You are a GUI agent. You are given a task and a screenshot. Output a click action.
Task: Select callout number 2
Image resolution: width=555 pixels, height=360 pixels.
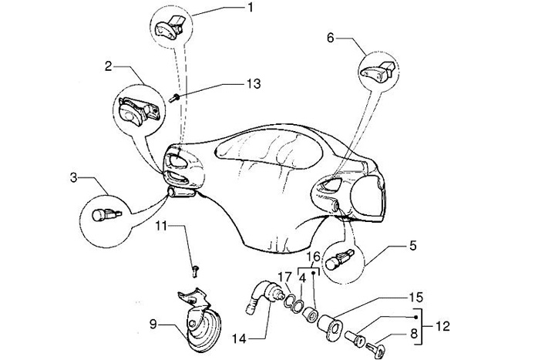pos(110,66)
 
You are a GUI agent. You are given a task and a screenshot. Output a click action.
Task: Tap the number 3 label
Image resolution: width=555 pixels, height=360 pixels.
pos(73,178)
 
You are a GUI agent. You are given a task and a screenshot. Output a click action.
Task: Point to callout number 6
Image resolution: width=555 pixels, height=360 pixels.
pos(330,36)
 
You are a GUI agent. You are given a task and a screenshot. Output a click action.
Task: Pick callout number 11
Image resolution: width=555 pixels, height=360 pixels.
pos(162,225)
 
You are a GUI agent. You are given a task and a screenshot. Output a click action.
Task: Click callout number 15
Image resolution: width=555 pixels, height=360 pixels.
pos(415,297)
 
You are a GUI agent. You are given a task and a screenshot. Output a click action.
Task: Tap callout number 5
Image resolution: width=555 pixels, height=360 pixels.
pos(412,247)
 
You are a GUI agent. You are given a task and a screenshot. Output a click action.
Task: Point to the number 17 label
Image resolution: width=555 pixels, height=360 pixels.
pos(284,277)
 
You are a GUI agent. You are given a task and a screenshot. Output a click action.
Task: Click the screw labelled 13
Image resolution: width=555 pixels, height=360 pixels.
pos(176,98)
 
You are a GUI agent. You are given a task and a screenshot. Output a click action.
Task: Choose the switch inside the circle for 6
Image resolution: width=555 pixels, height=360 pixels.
pos(377,72)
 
